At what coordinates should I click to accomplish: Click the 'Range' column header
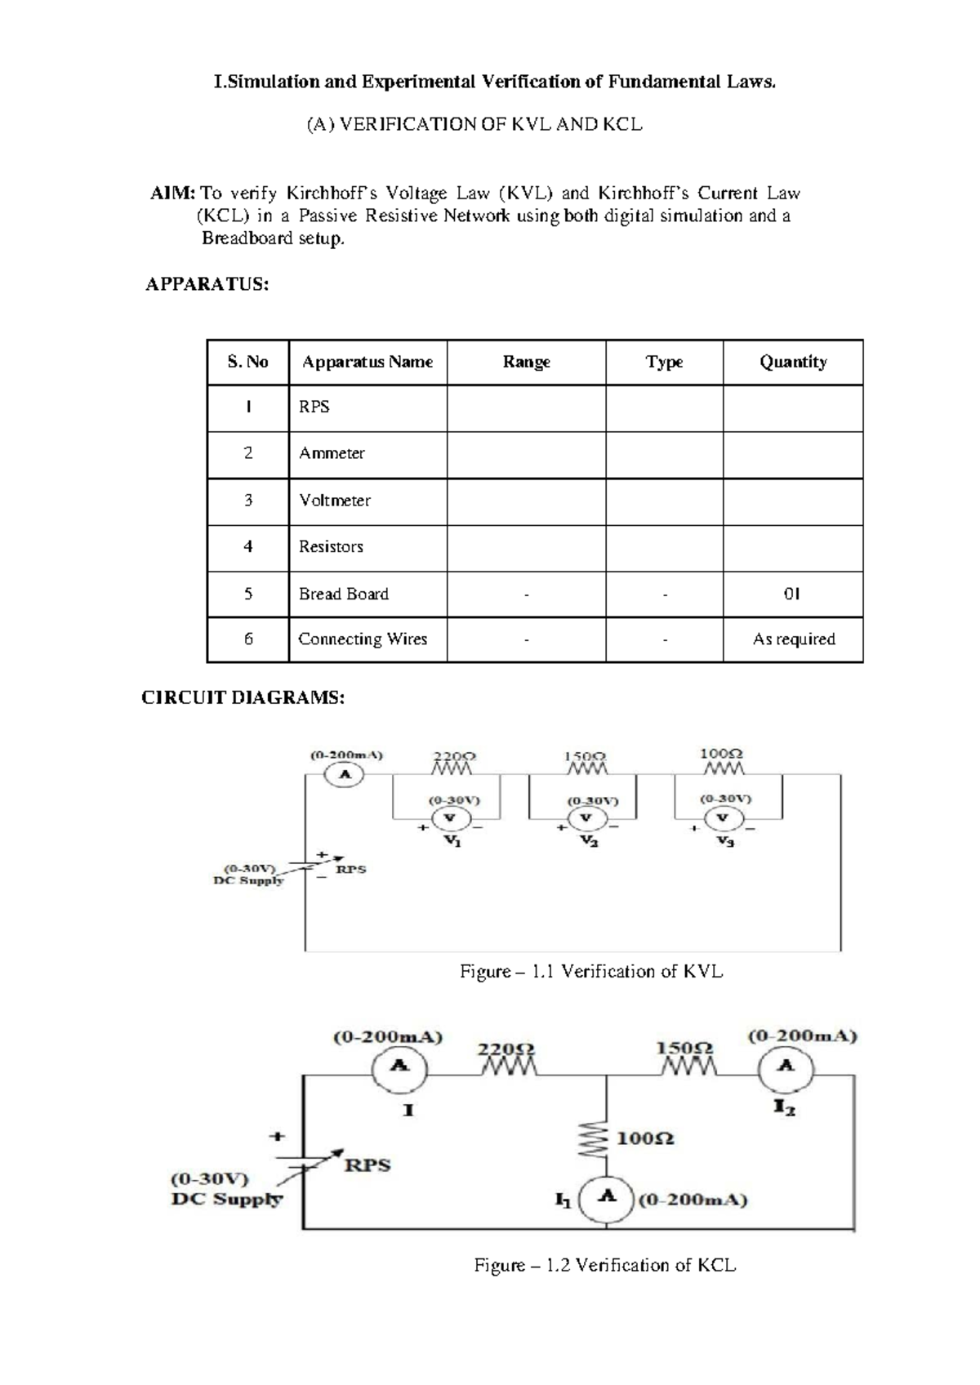[526, 362]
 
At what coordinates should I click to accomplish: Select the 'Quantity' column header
[792, 362]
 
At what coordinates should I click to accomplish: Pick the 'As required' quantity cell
[793, 639]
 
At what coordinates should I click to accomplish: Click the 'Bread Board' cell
[344, 595]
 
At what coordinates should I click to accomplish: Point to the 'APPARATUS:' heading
[207, 284]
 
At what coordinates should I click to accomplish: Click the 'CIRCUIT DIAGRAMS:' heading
[243, 698]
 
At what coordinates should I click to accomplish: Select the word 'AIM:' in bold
[172, 194]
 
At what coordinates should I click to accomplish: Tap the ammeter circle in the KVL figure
[345, 774]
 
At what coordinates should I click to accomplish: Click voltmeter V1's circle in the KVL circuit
[448, 818]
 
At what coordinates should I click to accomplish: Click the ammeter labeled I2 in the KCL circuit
[785, 1066]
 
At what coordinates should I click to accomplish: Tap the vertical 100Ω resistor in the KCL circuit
[605, 1138]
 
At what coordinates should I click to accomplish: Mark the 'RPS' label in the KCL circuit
[367, 1165]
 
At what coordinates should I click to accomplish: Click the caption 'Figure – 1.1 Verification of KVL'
[591, 972]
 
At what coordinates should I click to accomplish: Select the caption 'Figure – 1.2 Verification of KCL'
[604, 1266]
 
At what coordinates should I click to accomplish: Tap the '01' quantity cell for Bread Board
[792, 595]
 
